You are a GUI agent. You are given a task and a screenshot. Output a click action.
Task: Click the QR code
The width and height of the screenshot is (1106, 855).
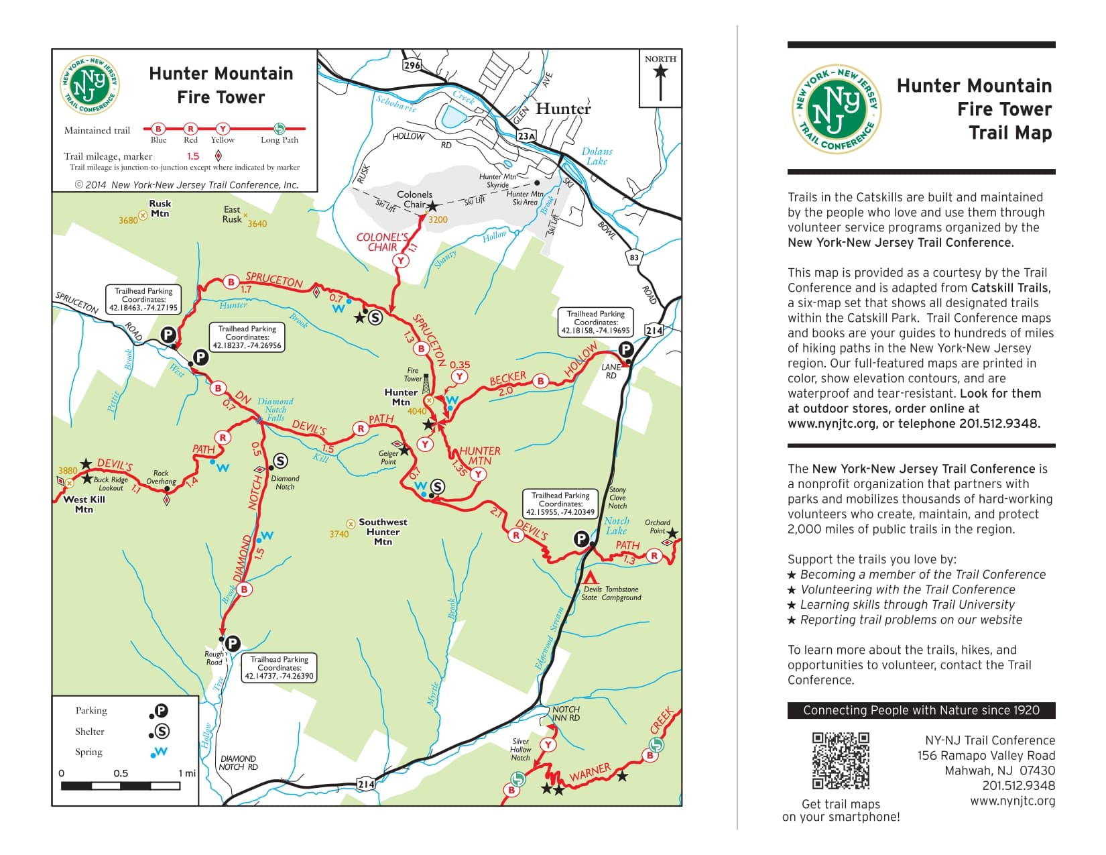841,760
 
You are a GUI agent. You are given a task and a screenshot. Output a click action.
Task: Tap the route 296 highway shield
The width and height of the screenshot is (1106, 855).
412,64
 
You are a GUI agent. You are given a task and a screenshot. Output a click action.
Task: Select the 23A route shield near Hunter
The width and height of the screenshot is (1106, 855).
527,136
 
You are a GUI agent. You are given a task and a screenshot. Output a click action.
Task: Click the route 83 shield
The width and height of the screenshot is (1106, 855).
633,257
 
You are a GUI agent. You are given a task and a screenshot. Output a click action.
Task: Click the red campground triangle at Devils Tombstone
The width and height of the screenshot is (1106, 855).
590,577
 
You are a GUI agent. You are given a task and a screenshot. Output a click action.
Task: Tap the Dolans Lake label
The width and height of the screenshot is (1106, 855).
597,156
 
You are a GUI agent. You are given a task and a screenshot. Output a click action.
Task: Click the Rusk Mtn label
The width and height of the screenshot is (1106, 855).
160,209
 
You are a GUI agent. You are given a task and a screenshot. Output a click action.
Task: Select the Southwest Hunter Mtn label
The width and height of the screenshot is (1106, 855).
383,531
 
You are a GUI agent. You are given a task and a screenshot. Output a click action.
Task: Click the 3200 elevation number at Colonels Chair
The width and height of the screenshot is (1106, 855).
438,220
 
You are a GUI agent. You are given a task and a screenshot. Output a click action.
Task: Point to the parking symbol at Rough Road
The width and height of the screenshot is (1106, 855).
232,643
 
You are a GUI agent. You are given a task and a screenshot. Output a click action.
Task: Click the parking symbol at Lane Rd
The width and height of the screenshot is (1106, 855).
625,349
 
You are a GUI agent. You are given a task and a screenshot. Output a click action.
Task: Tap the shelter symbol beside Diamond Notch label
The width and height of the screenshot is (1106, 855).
280,461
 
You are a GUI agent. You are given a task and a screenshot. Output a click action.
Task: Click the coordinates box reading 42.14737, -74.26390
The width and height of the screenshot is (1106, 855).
279,668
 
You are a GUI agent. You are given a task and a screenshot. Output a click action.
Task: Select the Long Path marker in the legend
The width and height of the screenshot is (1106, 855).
280,129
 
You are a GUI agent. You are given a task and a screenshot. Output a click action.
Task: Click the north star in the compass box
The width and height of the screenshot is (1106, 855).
660,71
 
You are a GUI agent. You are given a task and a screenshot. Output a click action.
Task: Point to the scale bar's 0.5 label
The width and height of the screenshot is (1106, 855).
121,773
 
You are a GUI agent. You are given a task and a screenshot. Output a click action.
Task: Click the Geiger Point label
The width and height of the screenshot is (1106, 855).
388,457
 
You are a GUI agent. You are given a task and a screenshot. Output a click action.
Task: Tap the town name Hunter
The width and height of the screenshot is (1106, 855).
563,109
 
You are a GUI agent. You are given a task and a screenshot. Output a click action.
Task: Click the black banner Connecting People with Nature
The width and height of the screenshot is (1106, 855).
921,710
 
